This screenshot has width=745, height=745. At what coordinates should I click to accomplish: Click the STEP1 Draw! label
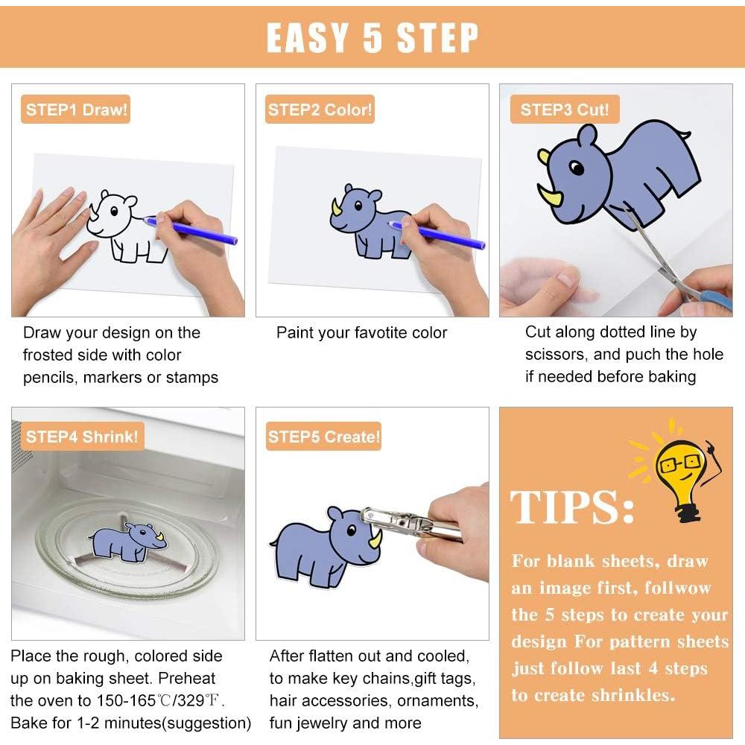(75, 110)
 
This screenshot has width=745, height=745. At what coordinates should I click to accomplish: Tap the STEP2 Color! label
(320, 110)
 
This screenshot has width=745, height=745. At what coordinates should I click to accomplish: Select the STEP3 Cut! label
(565, 110)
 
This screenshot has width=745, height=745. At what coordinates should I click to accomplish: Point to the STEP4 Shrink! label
(82, 436)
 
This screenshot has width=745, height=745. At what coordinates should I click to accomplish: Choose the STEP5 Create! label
(323, 436)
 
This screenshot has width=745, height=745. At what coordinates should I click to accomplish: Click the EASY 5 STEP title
(372, 37)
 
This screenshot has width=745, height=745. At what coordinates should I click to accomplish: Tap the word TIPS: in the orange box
(572, 507)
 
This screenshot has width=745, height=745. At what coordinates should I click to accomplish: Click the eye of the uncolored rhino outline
(114, 211)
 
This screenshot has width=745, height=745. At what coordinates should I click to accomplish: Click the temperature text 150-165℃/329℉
(160, 700)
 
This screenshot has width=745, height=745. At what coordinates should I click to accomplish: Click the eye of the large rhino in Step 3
(577, 168)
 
